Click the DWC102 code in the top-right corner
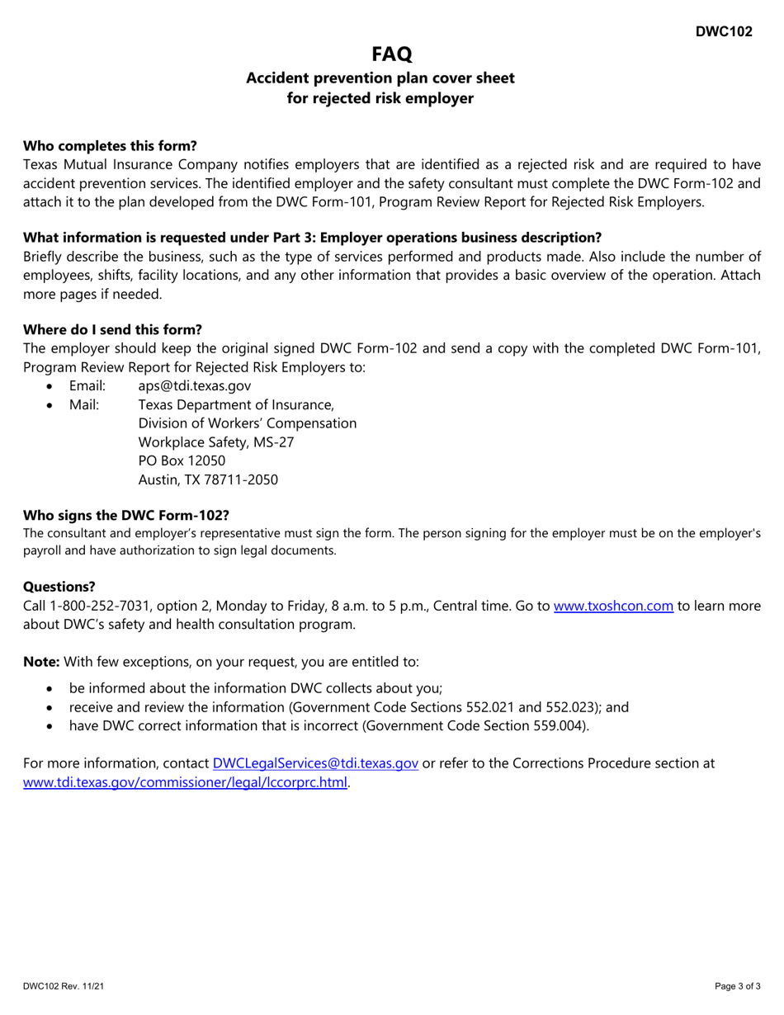(723, 31)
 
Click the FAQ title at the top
(391, 54)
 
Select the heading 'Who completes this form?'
(110, 145)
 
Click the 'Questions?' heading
(59, 587)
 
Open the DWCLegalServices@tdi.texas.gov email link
(315, 763)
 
